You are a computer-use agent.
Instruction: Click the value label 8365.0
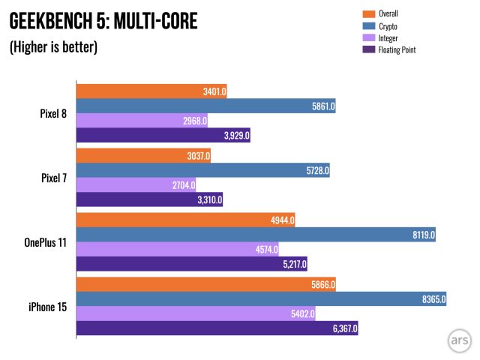[434, 299]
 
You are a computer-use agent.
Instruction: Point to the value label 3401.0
[214, 92]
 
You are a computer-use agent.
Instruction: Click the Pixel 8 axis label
[53, 114]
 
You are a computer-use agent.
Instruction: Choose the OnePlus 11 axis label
[44, 242]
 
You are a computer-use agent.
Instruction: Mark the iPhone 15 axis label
[46, 307]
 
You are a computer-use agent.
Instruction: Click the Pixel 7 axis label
[53, 178]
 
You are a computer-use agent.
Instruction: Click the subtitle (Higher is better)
[53, 48]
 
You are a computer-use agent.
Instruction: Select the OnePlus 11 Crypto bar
[255, 235]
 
